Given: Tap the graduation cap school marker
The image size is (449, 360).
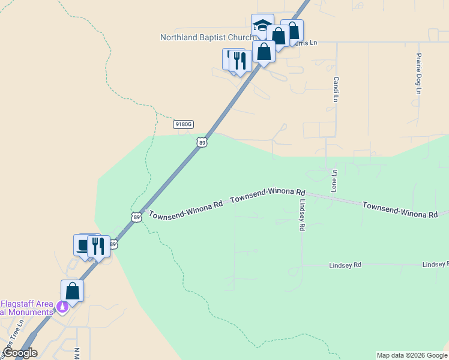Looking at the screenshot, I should [x=262, y=26].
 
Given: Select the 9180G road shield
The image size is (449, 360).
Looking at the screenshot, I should [x=183, y=124].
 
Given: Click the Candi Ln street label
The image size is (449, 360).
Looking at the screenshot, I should [x=337, y=88].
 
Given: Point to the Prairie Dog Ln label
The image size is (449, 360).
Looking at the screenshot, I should [x=418, y=74].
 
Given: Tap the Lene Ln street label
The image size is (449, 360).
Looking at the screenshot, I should [x=335, y=181].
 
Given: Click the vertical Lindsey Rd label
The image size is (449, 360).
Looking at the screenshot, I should [x=303, y=215].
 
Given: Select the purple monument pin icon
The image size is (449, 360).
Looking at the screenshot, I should [x=61, y=307].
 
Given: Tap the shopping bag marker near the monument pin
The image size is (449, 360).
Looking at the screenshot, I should [x=73, y=292].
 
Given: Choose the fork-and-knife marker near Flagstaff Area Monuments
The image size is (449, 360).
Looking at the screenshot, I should [x=98, y=246].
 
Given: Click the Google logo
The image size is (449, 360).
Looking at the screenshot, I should [x=20, y=353].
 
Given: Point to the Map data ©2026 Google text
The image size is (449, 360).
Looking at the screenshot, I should [x=412, y=355].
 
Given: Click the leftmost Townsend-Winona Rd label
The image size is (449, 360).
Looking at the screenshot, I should [x=186, y=209].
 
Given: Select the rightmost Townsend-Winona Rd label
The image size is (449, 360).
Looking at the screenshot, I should [x=400, y=210].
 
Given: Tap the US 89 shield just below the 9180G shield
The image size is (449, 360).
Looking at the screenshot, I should [x=202, y=142].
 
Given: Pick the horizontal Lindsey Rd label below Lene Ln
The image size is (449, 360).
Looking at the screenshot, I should [x=345, y=265].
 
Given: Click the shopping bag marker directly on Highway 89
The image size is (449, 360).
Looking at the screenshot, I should [x=264, y=52].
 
